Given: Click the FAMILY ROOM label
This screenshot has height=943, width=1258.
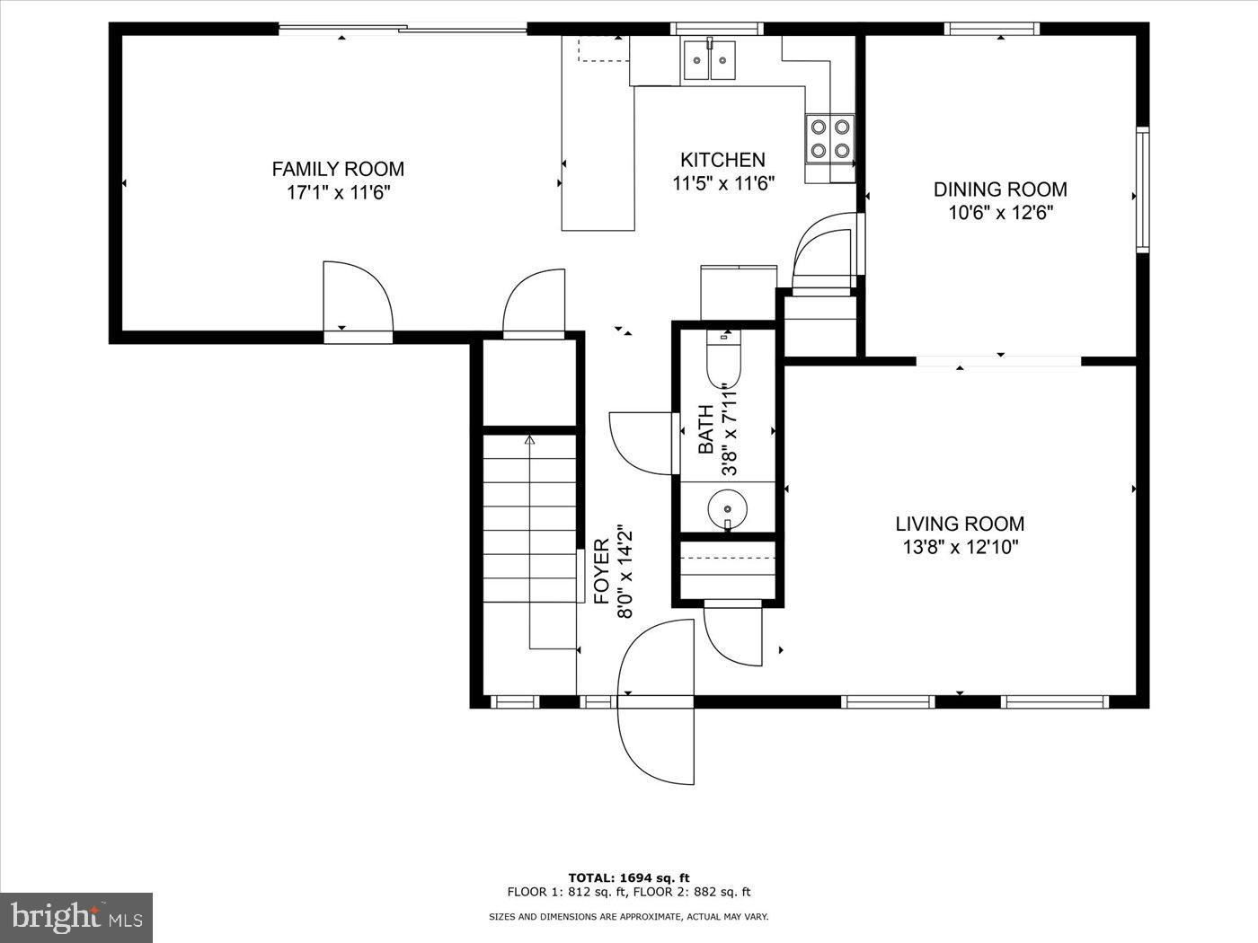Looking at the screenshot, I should tap(338, 169).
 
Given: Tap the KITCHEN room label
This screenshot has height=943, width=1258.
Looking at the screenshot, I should tap(722, 160).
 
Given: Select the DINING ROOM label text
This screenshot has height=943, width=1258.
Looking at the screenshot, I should tap(1000, 189).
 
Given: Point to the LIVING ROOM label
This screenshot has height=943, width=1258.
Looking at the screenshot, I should tap(960, 524).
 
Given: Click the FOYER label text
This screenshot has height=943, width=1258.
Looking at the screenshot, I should tap(602, 571).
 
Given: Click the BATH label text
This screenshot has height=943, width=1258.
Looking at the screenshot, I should tap(706, 429).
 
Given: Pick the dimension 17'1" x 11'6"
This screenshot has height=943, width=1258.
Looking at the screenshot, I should tap(338, 192).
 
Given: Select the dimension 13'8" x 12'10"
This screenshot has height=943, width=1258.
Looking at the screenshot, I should tap(960, 547).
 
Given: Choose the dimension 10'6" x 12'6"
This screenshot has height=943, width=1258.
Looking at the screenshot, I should tap(1000, 213).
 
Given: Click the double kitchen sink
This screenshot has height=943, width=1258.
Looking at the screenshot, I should tap(710, 60).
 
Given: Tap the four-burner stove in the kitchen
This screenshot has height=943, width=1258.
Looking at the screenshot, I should tap(828, 139).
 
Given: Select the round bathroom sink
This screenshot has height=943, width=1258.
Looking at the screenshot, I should tap(726, 508).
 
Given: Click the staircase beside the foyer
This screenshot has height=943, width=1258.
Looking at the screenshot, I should tap(530, 539).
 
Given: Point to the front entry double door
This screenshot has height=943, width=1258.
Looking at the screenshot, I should tap(655, 698).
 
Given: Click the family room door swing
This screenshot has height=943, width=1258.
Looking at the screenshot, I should tap(358, 296).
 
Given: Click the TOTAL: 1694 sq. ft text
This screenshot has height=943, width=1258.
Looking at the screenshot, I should tap(628, 877).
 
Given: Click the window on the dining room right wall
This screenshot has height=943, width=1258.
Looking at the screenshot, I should tap(1142, 189).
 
